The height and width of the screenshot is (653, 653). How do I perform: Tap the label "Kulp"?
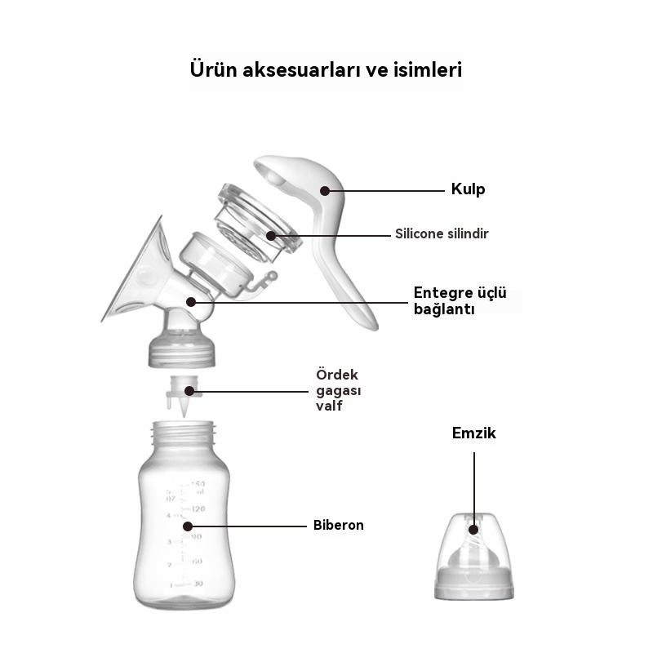pos(468,189)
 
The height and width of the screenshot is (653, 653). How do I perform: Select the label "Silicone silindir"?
pos(442,233)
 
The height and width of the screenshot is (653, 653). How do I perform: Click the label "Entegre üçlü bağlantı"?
pos(460,300)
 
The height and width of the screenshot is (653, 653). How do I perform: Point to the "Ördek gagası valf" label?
pos(338,390)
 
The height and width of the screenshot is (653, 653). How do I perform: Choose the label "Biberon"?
pos(338,525)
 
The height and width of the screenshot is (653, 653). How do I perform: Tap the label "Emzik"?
pos(474,433)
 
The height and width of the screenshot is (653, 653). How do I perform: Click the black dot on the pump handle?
pos(325,191)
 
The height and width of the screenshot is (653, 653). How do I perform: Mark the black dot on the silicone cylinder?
pos(271,236)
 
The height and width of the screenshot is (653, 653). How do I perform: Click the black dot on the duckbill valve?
pos(189,391)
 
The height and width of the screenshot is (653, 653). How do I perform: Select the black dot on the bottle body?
pos(188,526)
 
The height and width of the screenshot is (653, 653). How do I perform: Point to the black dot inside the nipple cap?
pos(473,530)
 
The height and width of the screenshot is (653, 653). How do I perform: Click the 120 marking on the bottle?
pos(198,509)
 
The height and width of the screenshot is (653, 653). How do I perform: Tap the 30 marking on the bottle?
pos(198,584)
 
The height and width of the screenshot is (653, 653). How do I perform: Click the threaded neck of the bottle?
pos(184,433)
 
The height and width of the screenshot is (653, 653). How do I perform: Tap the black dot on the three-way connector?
pos(191,302)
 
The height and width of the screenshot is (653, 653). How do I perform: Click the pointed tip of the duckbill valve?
pos(184,416)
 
